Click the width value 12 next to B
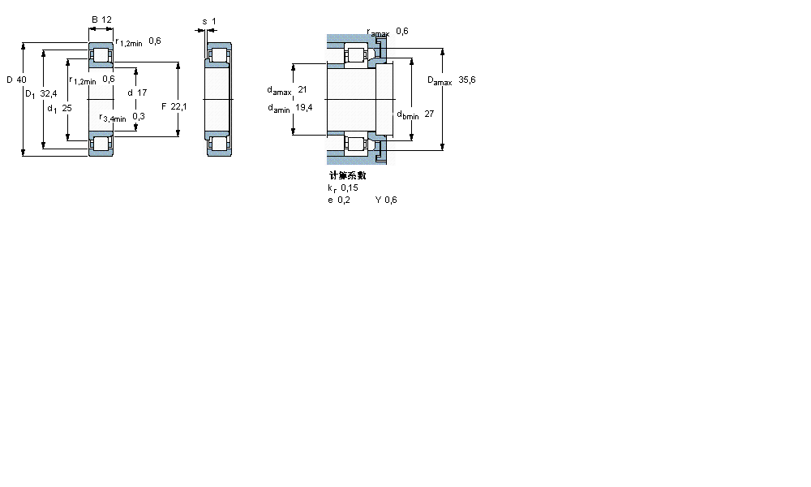tap(107, 19)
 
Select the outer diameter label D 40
tap(16, 80)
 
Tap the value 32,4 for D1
tap(49, 94)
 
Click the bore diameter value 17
tap(142, 93)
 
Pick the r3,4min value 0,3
tap(139, 117)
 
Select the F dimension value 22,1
tap(178, 106)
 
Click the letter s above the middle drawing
tap(204, 19)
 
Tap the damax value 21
tap(303, 89)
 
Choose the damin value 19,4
tap(304, 108)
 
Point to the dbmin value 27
tap(429, 114)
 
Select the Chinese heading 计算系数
tap(347, 175)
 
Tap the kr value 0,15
tap(350, 187)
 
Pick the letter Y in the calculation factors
tap(378, 200)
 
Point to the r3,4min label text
tap(112, 118)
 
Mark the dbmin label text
tap(407, 115)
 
